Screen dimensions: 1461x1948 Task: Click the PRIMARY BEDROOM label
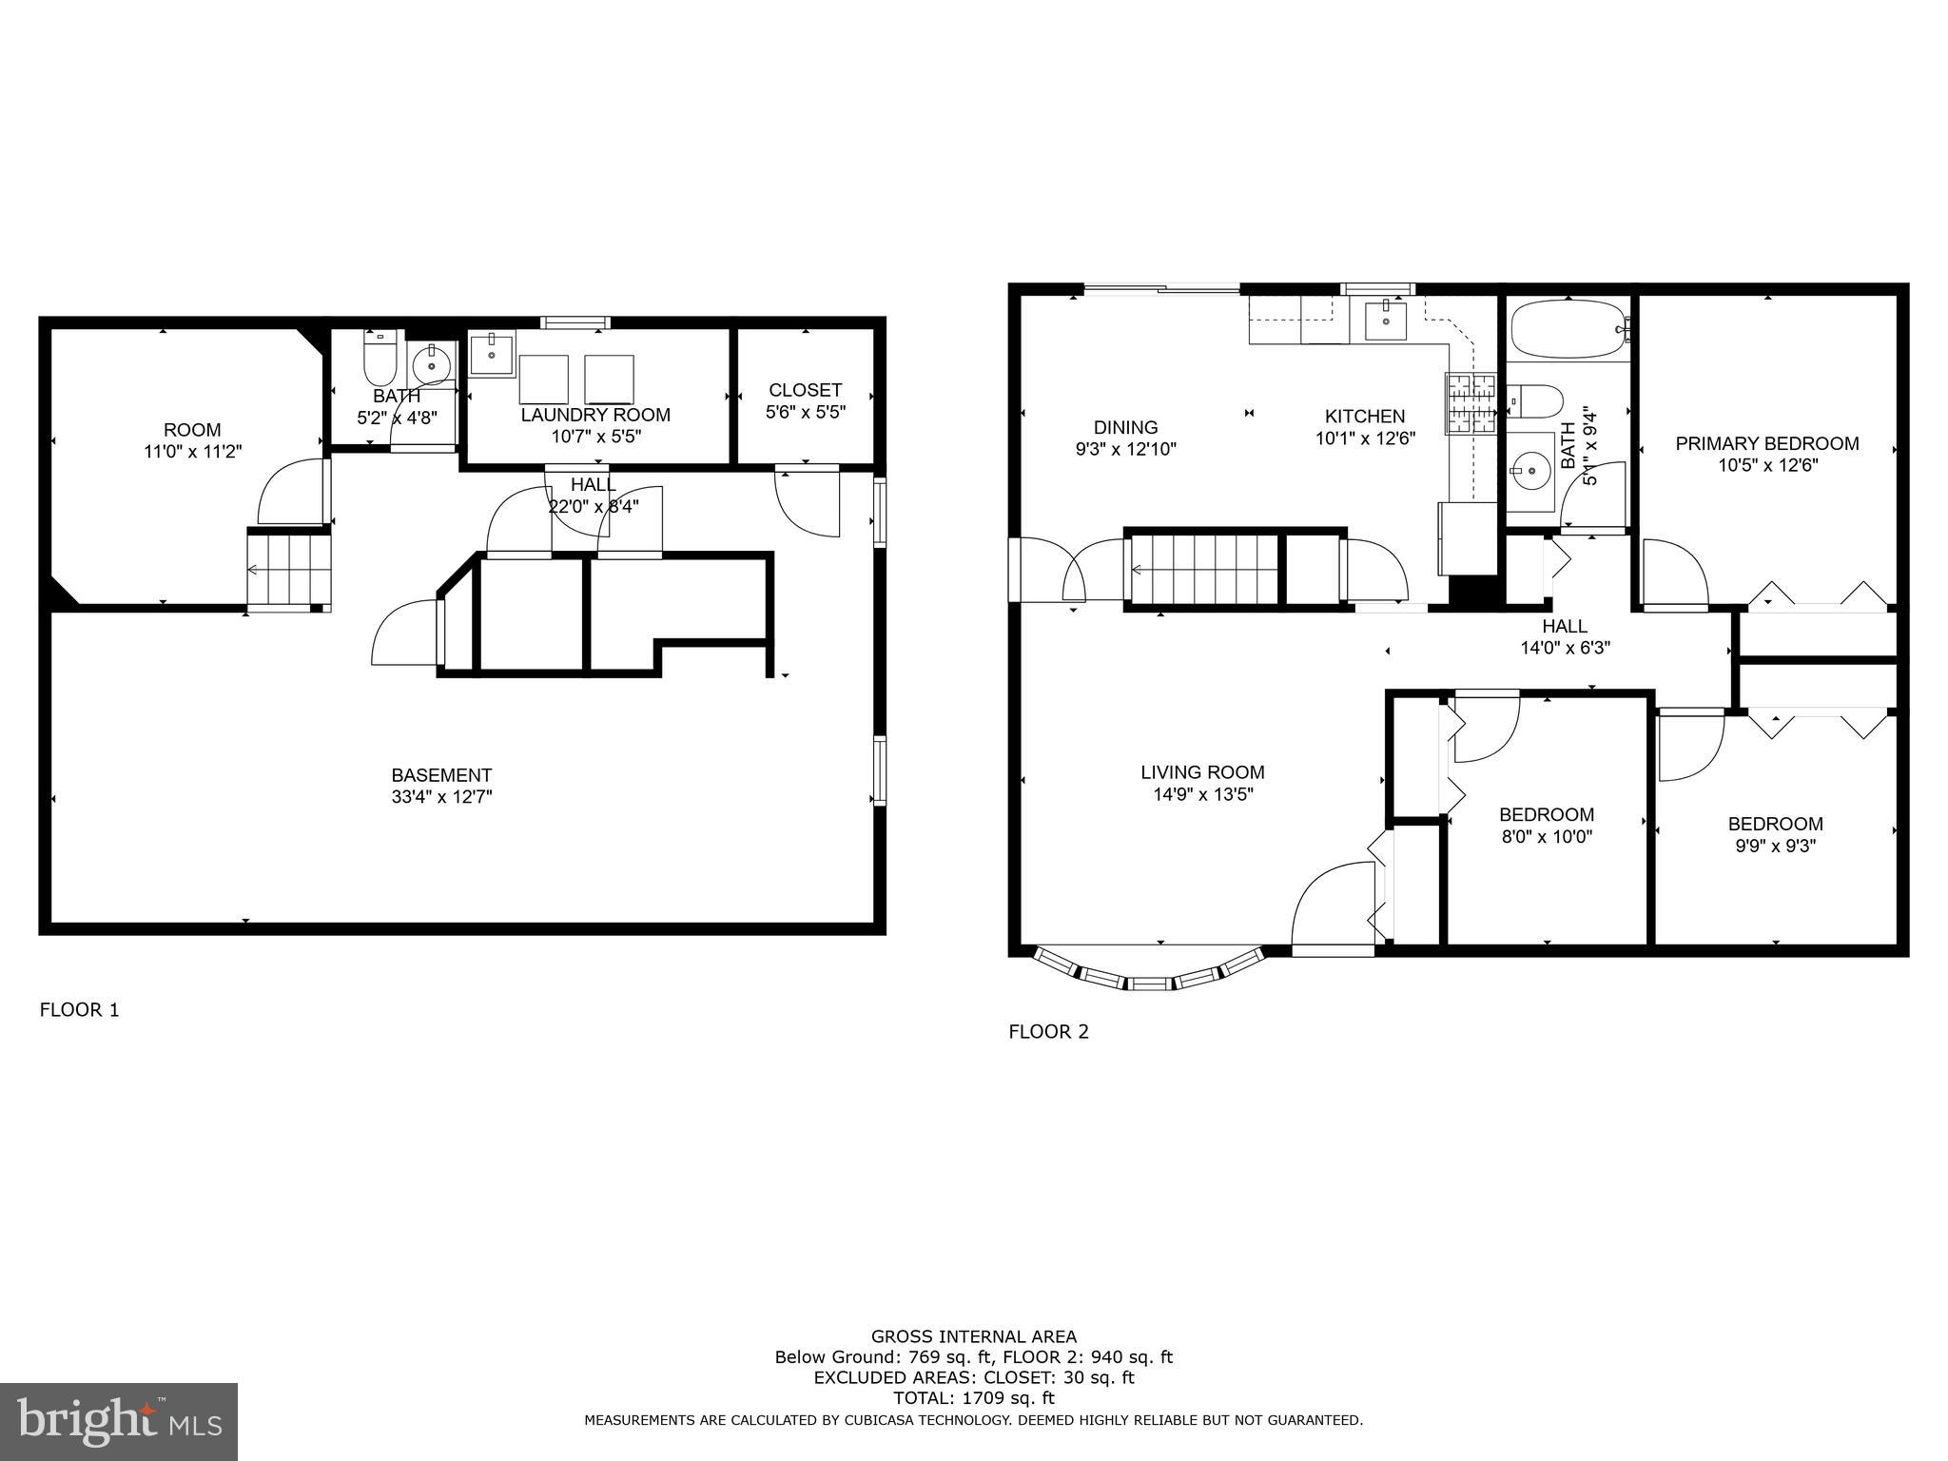(x=1766, y=443)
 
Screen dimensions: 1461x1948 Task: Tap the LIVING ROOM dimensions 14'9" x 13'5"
(x=1202, y=795)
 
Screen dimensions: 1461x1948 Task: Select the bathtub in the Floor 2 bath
(x=1567, y=329)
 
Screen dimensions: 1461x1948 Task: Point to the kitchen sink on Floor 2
(x=1385, y=319)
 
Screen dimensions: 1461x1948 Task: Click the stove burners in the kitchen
(x=1470, y=403)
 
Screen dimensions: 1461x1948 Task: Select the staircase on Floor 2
(x=1203, y=569)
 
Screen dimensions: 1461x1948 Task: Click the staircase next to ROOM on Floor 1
(x=288, y=569)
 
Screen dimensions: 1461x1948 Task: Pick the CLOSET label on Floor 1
(x=805, y=390)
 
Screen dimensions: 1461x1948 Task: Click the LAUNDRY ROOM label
(x=595, y=415)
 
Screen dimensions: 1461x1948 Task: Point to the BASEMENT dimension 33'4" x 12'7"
(x=441, y=797)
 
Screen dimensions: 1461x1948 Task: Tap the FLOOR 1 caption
(x=79, y=1010)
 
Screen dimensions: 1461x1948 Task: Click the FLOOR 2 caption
(x=1048, y=1031)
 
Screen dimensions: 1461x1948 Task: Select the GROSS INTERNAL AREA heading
(x=973, y=1336)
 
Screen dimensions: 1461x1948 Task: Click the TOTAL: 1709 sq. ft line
(x=973, y=1398)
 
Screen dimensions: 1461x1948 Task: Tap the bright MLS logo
(x=119, y=1421)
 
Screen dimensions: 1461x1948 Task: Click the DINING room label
(x=1125, y=427)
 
